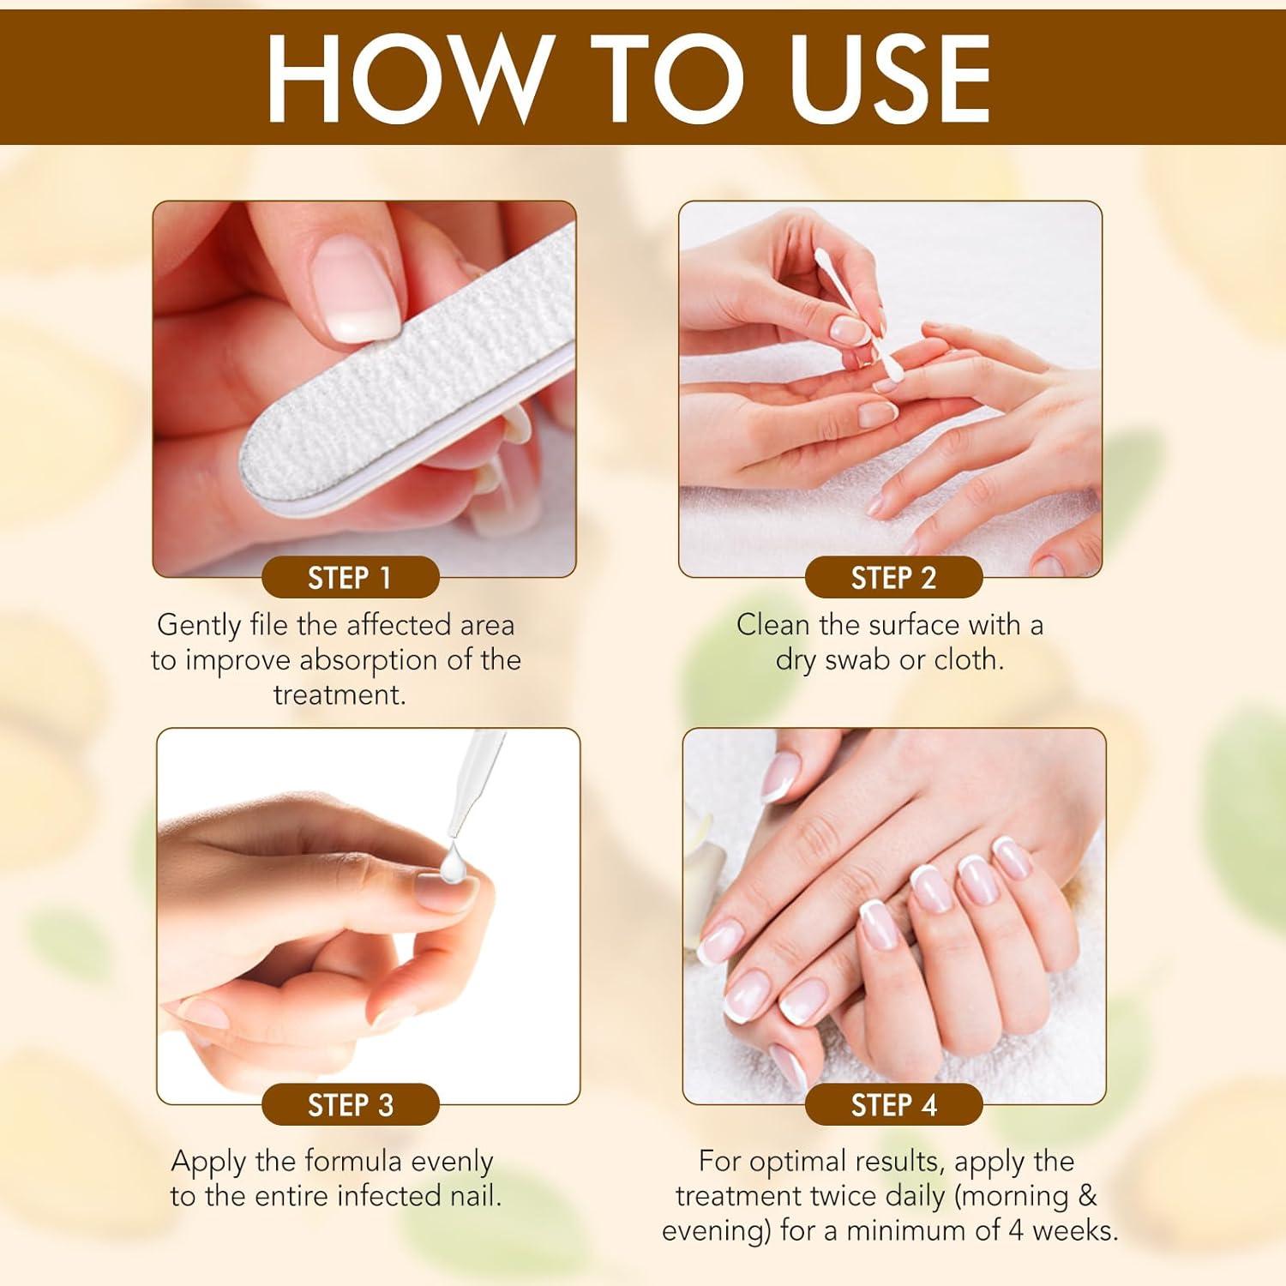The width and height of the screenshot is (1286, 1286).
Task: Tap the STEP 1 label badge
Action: pos(350,578)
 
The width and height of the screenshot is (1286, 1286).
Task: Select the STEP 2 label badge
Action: pos(893,578)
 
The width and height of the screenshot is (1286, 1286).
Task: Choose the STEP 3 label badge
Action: pos(350,1105)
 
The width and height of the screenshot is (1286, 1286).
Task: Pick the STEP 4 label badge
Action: pos(893,1105)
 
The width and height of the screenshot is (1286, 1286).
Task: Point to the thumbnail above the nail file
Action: pos(356,287)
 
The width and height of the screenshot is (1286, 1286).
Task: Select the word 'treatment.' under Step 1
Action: pos(340,695)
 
